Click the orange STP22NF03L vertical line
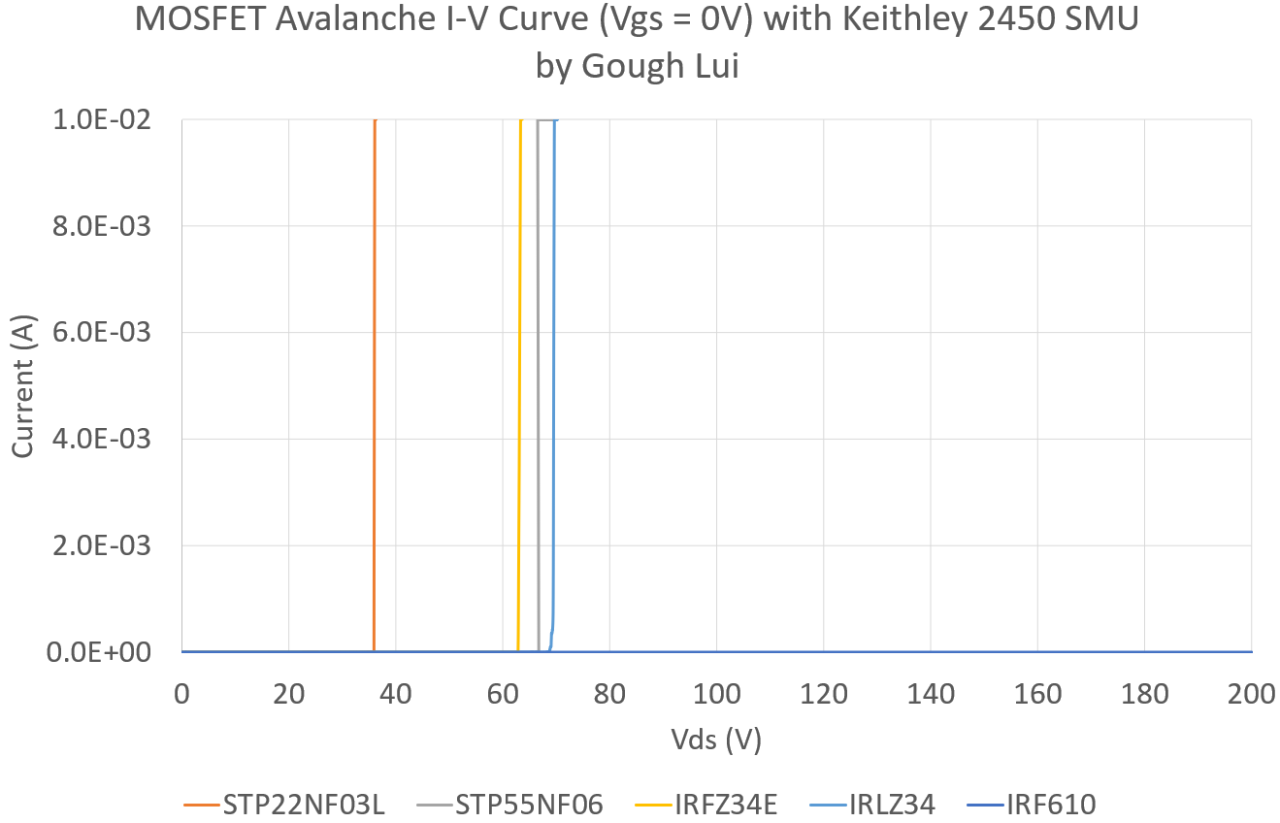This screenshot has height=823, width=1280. [x=374, y=388]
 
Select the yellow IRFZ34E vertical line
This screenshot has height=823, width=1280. [x=520, y=388]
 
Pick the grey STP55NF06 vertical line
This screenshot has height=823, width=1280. [x=538, y=388]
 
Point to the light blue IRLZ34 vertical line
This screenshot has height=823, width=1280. [x=554, y=388]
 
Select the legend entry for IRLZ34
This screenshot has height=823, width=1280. [x=890, y=804]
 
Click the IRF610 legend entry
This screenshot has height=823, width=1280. [x=1051, y=804]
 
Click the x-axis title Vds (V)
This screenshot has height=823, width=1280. [x=716, y=740]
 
